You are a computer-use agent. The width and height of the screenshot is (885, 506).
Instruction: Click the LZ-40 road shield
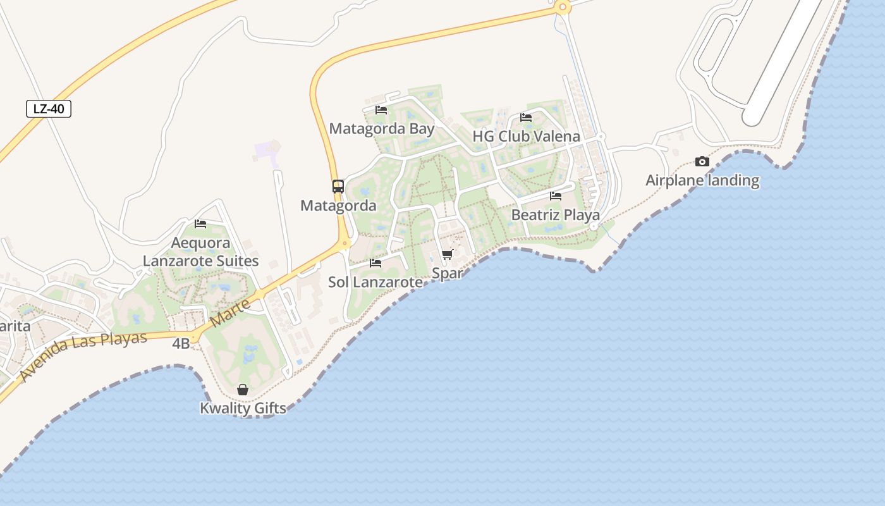click(49, 109)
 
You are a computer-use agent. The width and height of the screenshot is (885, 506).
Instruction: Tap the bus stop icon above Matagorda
click(338, 187)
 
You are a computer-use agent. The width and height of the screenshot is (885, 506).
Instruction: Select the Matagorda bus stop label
click(338, 206)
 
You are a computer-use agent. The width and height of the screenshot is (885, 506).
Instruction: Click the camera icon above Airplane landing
click(702, 162)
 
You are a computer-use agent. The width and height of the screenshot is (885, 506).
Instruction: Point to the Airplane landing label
click(702, 180)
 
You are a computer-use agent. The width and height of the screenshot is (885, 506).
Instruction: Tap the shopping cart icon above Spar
click(448, 255)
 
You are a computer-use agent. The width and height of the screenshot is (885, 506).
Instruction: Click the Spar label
click(448, 273)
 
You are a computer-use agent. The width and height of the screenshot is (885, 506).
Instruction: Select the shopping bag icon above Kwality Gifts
click(243, 390)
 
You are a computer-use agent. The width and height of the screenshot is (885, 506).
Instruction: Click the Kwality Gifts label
click(243, 408)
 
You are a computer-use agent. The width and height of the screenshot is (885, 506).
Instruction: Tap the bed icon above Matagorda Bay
click(381, 110)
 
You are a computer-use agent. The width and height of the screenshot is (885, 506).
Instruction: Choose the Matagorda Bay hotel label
click(381, 129)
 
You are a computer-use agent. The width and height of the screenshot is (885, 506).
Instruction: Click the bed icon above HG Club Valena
click(526, 118)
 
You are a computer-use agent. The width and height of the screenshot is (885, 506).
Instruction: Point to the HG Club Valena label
click(526, 137)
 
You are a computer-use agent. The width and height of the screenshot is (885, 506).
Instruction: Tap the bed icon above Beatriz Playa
click(556, 196)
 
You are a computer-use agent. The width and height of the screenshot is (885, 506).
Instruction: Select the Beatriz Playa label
click(556, 215)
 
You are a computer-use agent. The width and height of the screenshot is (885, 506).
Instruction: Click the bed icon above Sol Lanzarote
click(375, 263)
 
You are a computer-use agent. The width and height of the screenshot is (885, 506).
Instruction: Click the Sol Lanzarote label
click(375, 282)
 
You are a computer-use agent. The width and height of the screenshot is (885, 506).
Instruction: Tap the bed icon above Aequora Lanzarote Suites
click(200, 224)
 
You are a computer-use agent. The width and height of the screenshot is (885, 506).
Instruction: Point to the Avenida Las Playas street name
click(82, 355)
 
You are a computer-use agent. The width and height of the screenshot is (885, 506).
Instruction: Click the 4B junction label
click(181, 343)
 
